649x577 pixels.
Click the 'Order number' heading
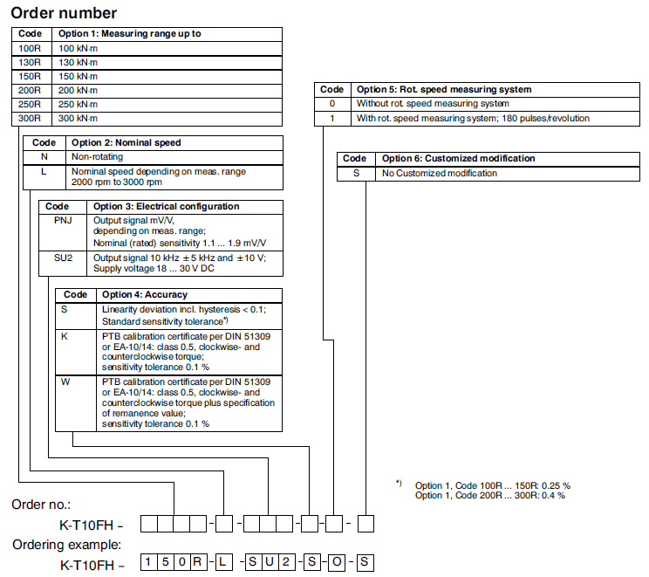64,13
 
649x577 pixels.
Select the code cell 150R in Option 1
30,76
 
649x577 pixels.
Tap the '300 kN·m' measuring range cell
78,118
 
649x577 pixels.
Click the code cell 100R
30,48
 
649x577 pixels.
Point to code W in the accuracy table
65,382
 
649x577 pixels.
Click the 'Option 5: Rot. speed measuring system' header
444,89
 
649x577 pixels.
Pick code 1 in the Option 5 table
331,117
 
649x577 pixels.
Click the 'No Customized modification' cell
440,173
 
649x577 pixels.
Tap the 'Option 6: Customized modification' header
459,159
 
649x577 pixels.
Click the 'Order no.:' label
41,505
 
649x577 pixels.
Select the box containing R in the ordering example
199,563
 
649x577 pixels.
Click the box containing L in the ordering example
224,563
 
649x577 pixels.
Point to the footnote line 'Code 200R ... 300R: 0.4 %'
490,496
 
